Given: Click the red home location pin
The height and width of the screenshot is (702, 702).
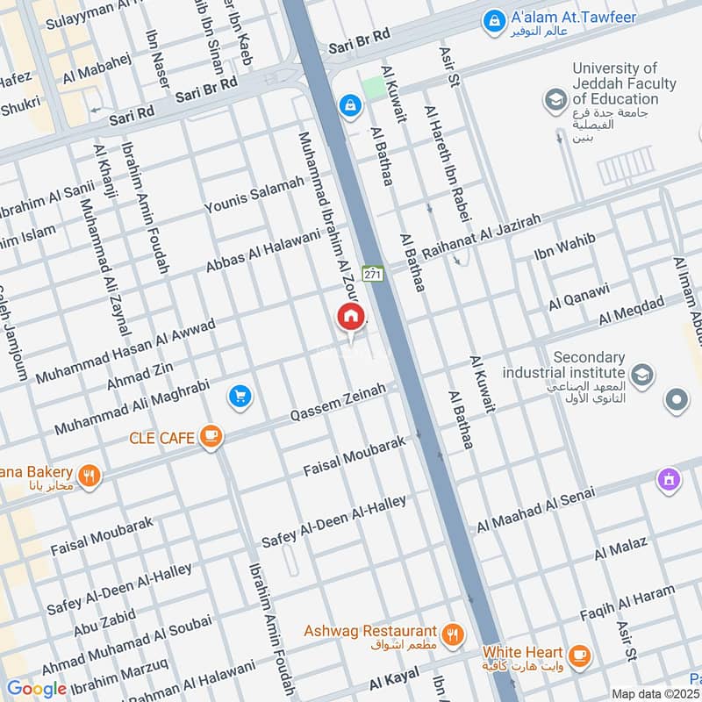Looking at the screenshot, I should (x=351, y=318).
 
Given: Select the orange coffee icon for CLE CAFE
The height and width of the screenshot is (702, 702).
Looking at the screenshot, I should (x=211, y=436).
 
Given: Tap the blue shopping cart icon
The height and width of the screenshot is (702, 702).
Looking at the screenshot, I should (x=240, y=398).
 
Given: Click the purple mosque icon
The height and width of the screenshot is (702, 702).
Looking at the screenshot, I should (x=670, y=480).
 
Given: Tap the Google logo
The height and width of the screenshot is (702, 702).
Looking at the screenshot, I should (x=37, y=688).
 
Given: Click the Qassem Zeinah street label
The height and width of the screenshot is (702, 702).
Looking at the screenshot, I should (x=338, y=407).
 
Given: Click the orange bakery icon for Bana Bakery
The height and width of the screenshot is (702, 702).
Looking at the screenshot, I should (x=89, y=476).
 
